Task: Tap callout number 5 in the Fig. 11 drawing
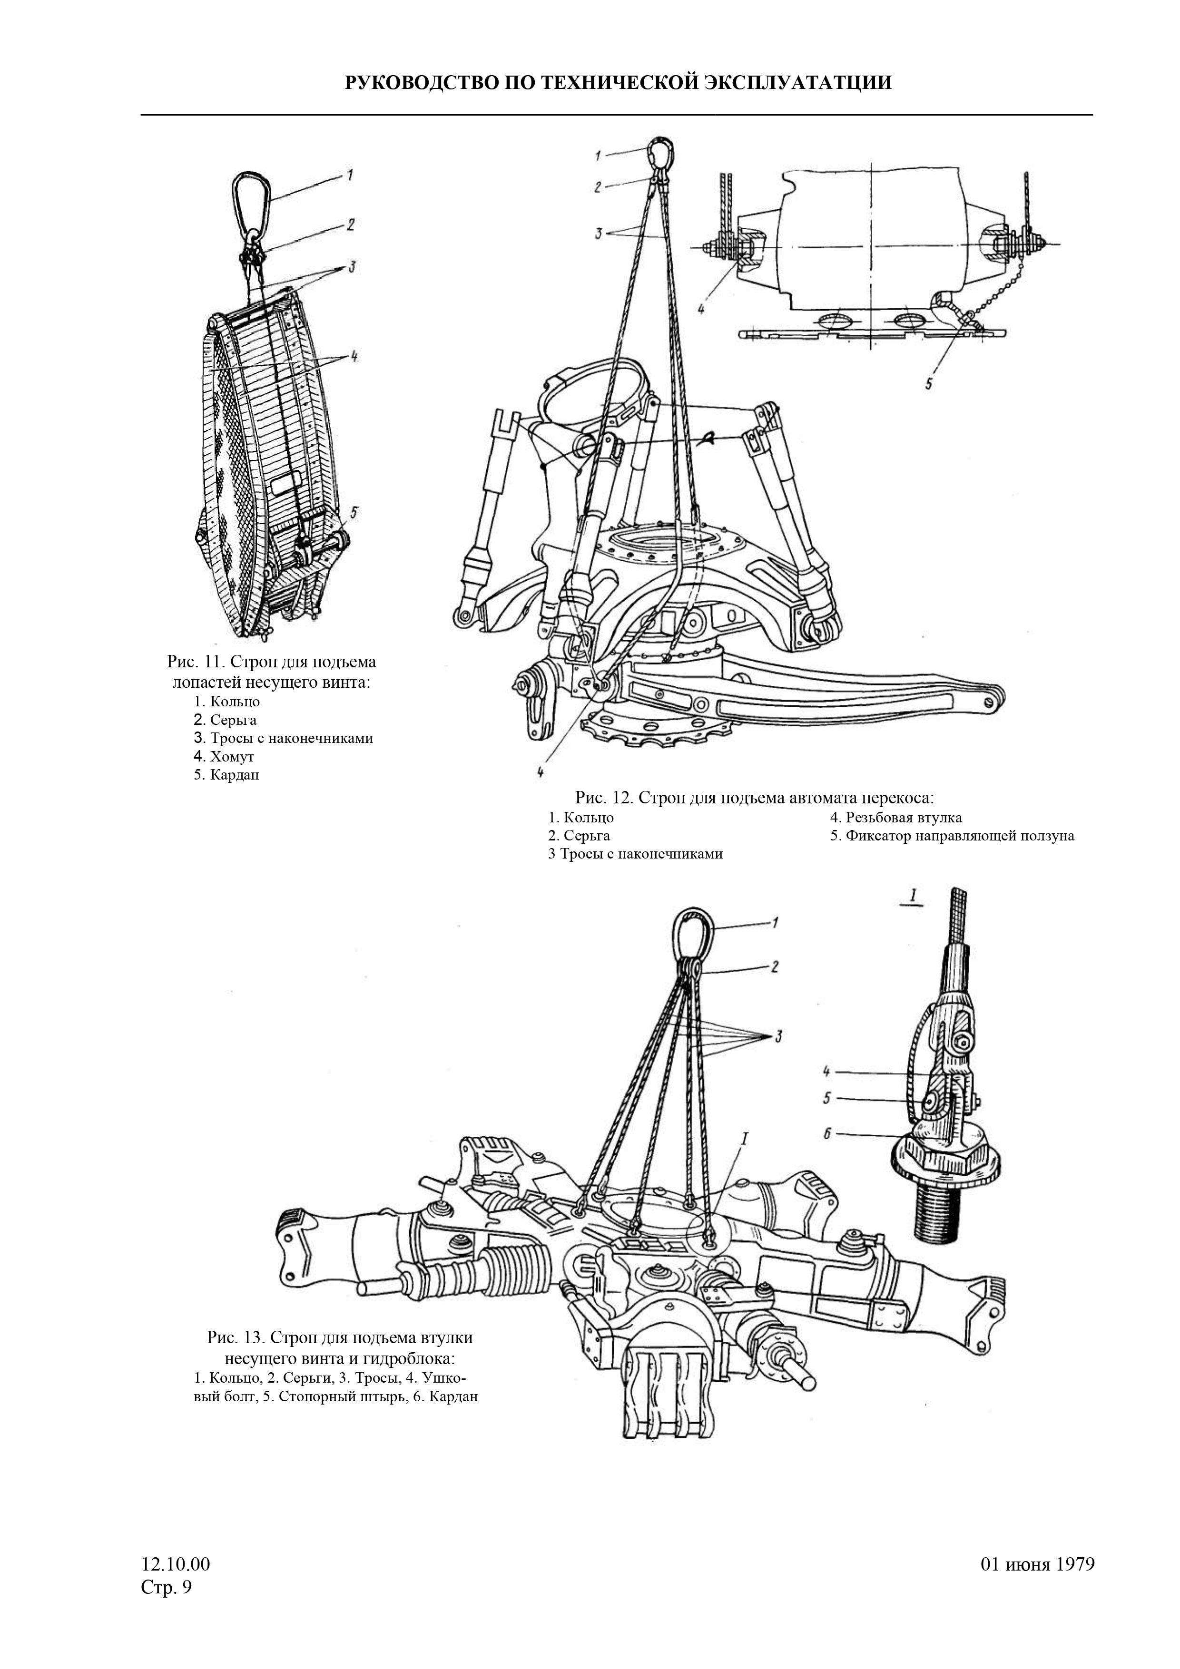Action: (x=354, y=512)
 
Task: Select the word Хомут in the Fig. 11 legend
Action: (x=232, y=757)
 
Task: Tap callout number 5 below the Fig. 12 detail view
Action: (x=928, y=384)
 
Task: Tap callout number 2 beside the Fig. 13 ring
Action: (x=775, y=967)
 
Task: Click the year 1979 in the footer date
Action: (x=1074, y=1564)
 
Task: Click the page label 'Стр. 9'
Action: (x=167, y=1587)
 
